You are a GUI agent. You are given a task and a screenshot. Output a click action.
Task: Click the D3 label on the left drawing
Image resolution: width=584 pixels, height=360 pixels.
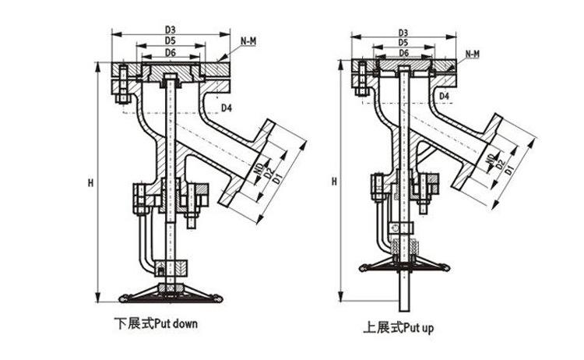point(171,30)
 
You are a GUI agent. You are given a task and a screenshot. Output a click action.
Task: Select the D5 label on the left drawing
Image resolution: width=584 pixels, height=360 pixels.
point(171,41)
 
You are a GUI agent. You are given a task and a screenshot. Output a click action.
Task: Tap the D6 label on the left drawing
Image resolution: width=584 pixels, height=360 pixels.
point(171,53)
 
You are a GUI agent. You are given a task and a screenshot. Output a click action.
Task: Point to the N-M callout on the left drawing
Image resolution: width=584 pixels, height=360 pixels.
point(248,41)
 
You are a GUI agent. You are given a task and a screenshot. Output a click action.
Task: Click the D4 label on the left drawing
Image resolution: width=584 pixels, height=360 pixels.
point(227,108)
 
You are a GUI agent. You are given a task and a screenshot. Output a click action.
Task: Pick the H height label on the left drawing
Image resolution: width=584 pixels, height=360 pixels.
point(90,183)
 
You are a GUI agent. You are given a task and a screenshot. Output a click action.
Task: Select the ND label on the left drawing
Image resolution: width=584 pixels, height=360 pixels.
point(259,168)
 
